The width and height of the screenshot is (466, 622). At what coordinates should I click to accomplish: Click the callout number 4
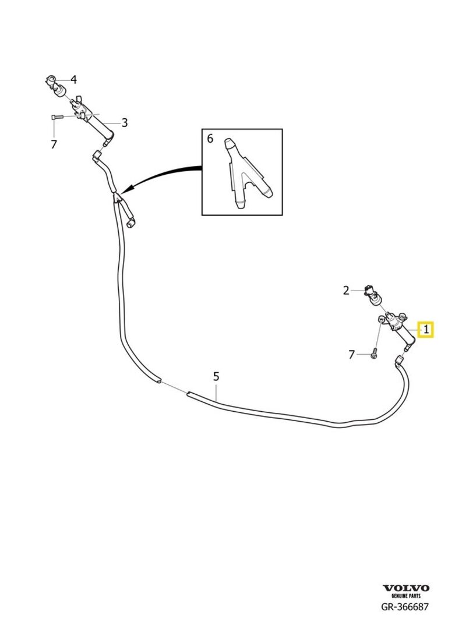[73, 79]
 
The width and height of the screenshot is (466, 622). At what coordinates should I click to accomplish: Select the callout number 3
[124, 122]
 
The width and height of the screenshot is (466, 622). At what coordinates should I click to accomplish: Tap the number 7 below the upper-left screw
[54, 144]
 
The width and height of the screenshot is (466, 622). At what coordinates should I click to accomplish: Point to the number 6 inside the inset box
[210, 139]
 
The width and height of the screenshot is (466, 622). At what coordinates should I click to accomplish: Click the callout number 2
[346, 290]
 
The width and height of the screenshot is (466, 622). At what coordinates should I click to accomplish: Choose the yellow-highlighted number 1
[426, 330]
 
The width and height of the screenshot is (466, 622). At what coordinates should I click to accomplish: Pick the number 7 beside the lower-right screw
[351, 354]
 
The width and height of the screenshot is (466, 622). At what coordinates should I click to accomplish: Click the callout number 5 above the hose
[216, 376]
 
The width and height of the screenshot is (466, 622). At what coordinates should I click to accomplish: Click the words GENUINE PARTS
[405, 596]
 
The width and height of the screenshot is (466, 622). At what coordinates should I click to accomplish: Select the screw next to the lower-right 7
[373, 353]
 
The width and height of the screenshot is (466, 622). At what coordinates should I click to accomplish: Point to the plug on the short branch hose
[132, 222]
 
